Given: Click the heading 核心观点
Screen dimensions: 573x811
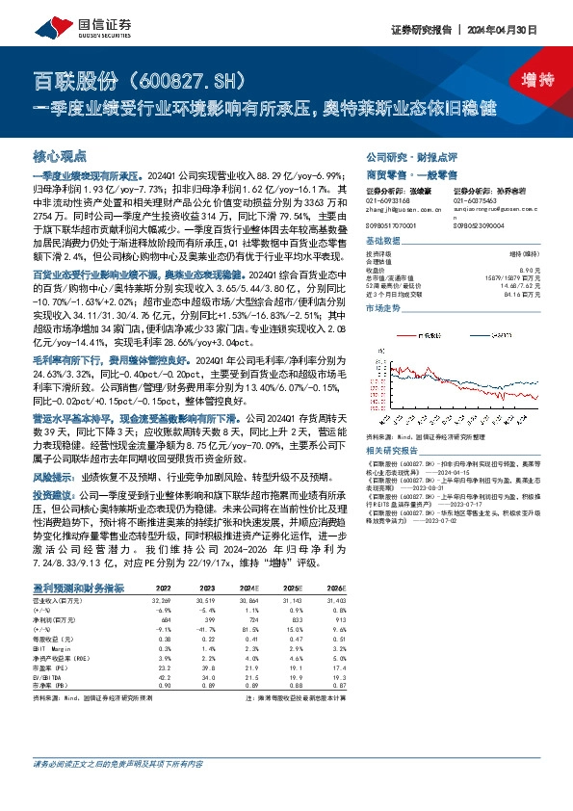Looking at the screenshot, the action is click(60, 154).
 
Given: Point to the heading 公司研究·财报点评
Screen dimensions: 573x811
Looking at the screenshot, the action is click(404, 155).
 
